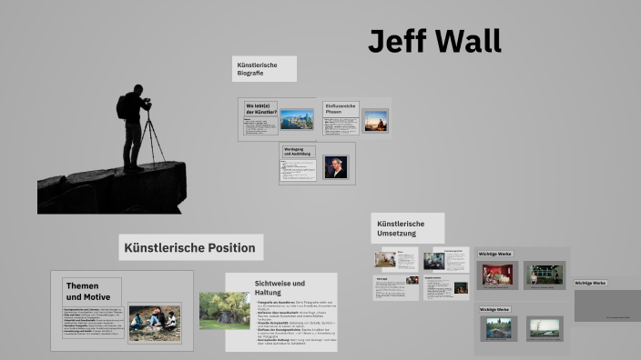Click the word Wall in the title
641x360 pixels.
coord(467,41)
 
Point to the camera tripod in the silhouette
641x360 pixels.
coord(153,136)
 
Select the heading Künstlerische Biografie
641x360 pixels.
coord(263,68)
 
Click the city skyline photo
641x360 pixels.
coord(297,119)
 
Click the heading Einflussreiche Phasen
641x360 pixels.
coord(341,109)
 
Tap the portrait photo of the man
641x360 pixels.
coord(335,167)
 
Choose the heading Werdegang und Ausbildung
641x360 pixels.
coord(298,152)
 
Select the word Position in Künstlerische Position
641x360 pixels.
coord(227,247)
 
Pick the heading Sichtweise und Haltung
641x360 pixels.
coord(280,288)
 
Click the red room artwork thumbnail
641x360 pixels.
coord(498,275)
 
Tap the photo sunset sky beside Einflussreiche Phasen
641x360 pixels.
coord(375,121)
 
